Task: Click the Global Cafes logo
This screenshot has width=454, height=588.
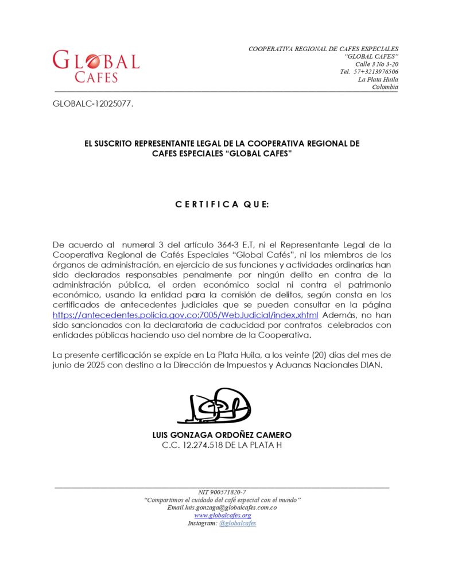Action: [96, 66]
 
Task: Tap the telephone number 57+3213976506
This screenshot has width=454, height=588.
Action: [375, 72]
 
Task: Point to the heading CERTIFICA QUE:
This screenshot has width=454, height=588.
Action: [222, 204]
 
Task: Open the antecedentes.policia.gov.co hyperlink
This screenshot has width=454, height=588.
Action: [185, 315]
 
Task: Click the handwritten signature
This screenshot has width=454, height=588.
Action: [214, 406]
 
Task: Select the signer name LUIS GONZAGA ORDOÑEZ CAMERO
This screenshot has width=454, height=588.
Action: [222, 435]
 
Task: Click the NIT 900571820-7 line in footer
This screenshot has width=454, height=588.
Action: [222, 492]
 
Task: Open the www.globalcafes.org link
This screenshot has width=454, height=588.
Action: [222, 516]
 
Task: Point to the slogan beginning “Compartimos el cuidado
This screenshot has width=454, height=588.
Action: [222, 500]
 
